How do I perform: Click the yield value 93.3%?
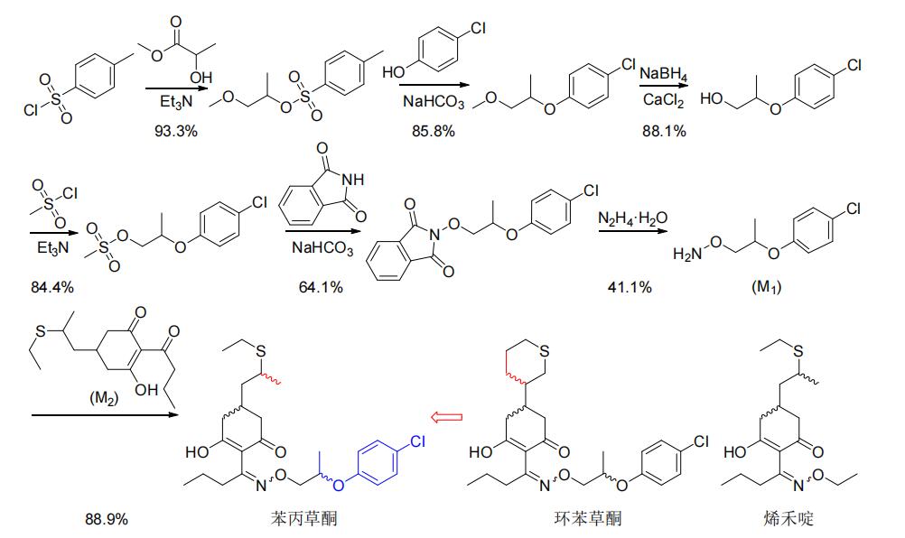(x=175, y=131)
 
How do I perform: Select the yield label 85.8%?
(x=433, y=131)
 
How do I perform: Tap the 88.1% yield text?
(x=664, y=131)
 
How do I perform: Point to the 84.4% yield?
(x=52, y=286)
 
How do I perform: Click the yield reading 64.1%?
(x=321, y=286)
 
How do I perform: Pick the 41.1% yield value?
(x=630, y=286)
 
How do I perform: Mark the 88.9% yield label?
(x=107, y=519)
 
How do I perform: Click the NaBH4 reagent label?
(x=663, y=75)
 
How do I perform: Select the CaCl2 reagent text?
(x=663, y=100)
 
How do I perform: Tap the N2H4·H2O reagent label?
(x=632, y=218)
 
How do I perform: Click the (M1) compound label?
(x=766, y=286)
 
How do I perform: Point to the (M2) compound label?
(x=104, y=398)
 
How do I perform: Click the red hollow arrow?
(x=447, y=416)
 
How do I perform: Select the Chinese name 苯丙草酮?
(x=303, y=518)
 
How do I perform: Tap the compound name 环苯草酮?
(x=588, y=518)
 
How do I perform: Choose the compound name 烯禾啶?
(x=788, y=518)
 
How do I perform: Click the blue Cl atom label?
(x=416, y=441)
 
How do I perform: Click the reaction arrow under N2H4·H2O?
(x=632, y=231)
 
